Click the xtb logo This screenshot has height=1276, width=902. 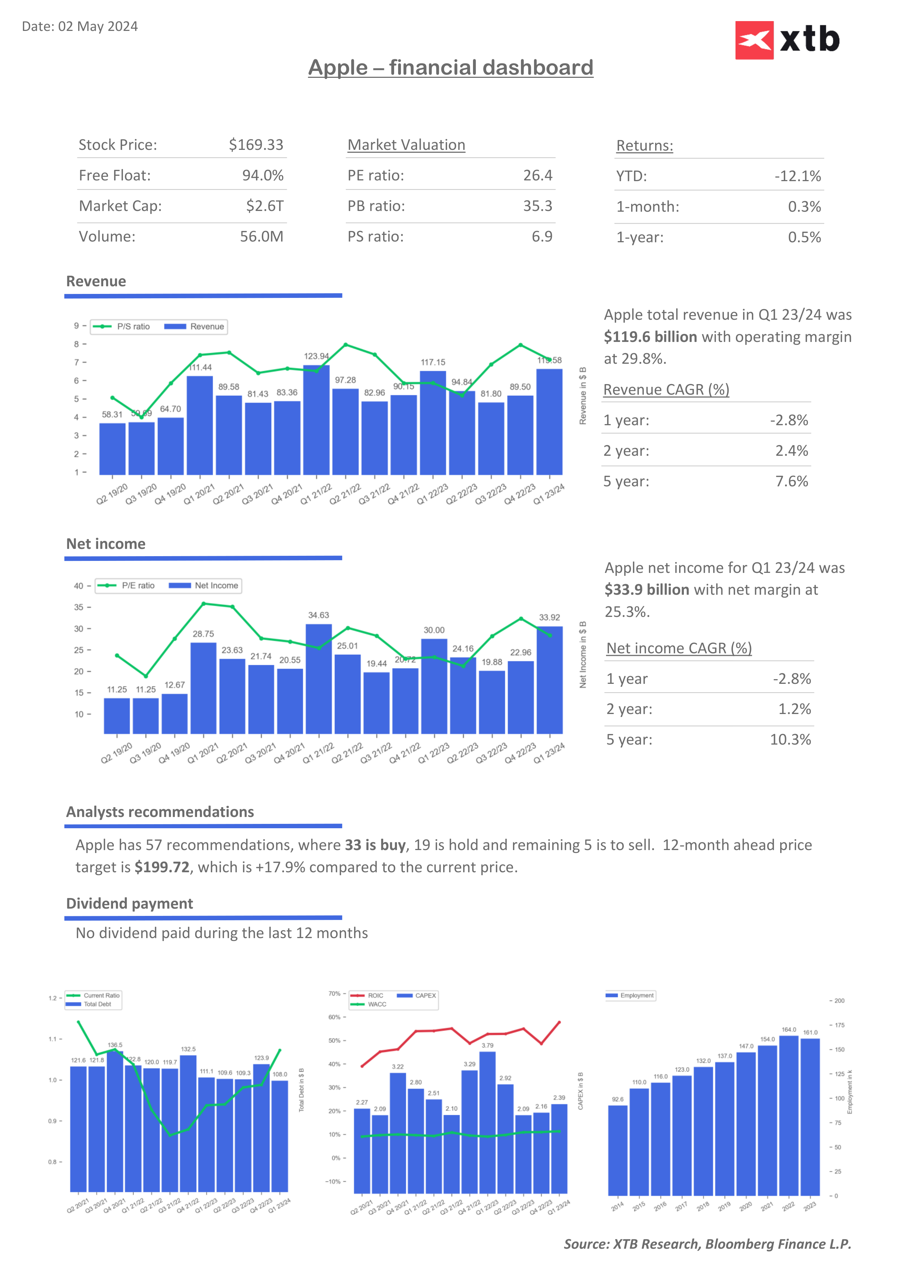pos(787,40)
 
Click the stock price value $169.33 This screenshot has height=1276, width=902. pos(256,145)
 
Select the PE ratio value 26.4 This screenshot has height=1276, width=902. pos(537,176)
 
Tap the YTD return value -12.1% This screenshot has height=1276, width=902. pos(798,176)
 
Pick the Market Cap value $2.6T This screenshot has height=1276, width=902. pos(264,206)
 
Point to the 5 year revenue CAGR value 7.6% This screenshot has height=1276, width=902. pos(791,481)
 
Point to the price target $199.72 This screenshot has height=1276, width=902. pos(162,868)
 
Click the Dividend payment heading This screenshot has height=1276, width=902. pos(129,904)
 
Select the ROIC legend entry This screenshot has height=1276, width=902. pos(368,996)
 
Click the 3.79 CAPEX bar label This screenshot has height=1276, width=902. pos(487,1045)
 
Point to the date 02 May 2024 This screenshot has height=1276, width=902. pos(98,27)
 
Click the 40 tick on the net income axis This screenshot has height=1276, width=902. pos(79,586)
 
